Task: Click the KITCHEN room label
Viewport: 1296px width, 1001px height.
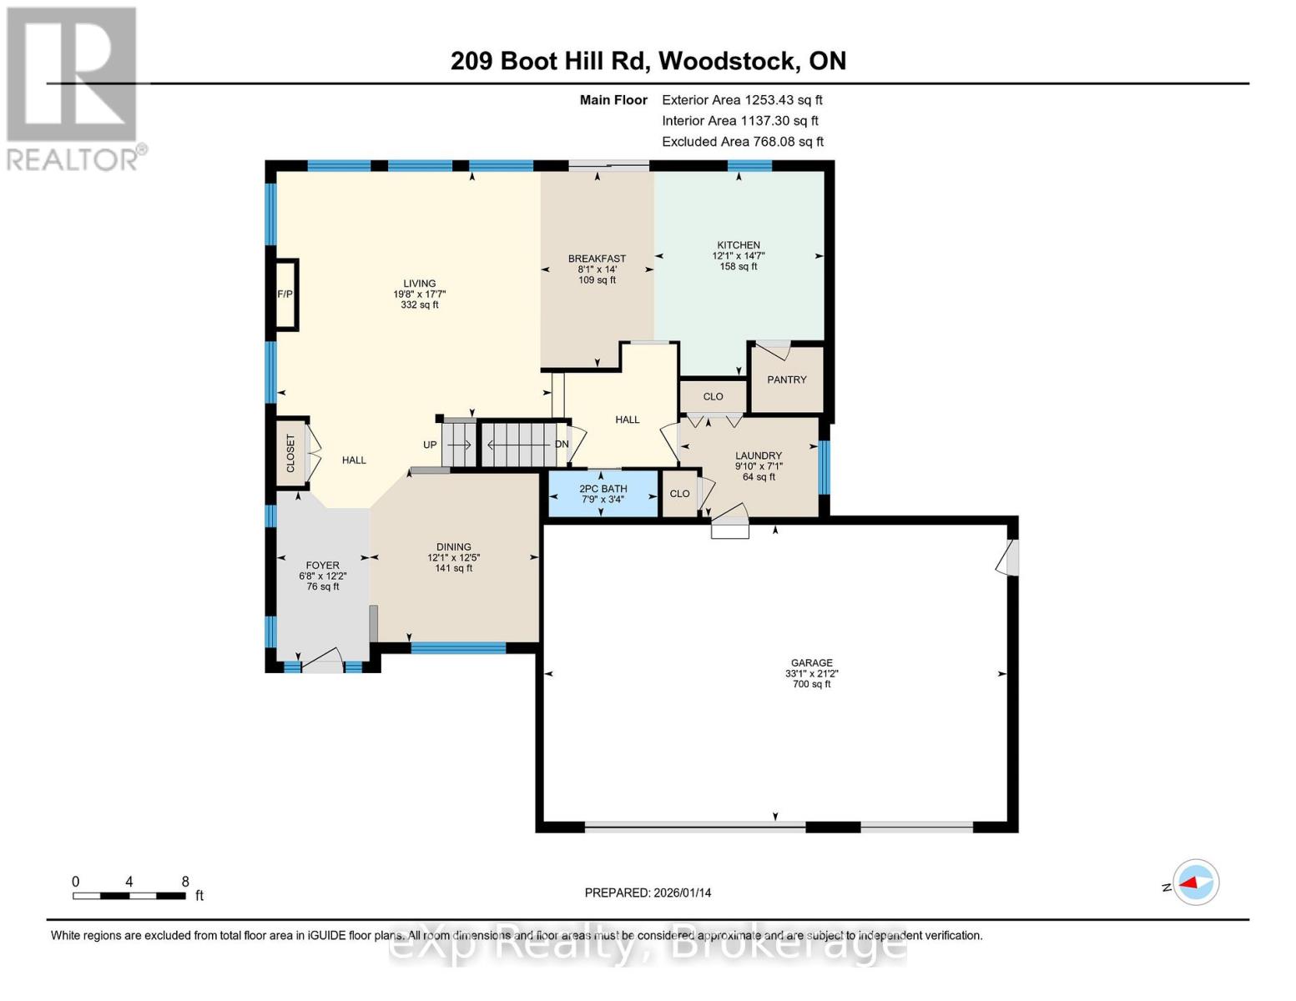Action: click(x=738, y=245)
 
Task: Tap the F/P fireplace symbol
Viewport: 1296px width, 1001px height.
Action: click(x=285, y=294)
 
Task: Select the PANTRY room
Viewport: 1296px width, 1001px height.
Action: click(x=786, y=380)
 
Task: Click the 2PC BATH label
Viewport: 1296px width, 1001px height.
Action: click(x=603, y=489)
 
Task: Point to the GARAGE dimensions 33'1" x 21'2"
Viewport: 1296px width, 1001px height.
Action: click(x=811, y=674)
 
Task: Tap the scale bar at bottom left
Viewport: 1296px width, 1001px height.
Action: click(x=129, y=895)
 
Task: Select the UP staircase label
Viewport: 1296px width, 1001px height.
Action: click(x=430, y=445)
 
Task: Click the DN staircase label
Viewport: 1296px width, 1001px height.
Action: click(x=562, y=444)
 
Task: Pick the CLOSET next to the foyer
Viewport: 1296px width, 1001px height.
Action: click(x=290, y=453)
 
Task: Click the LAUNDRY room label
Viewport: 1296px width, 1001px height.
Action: click(x=758, y=456)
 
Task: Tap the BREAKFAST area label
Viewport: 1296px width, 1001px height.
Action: click(x=597, y=259)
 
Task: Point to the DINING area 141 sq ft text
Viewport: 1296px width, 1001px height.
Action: click(x=453, y=568)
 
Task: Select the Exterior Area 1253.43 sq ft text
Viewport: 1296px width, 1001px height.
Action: click(x=742, y=99)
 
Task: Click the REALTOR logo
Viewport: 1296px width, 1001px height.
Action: click(x=73, y=88)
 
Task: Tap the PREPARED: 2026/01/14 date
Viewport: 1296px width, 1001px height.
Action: click(x=648, y=893)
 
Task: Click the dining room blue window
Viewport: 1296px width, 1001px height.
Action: click(x=458, y=647)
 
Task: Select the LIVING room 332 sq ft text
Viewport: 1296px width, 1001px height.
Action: click(x=419, y=304)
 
